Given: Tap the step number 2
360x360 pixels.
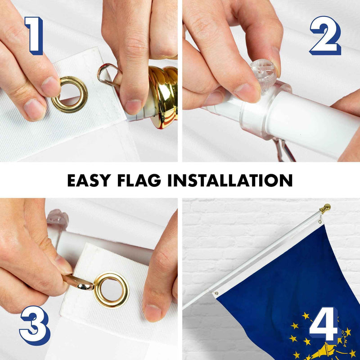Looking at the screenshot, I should tap(324, 36).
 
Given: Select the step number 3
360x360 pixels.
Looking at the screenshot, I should tap(34, 325).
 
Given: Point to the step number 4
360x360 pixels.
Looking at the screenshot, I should tap(324, 324).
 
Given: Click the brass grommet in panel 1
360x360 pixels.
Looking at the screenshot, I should tap(69, 94).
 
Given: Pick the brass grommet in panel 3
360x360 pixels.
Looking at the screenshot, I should tap(111, 289).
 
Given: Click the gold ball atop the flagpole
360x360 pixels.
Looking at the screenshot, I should tap(325, 208).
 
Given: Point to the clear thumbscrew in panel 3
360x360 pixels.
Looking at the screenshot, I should tap(57, 220).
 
